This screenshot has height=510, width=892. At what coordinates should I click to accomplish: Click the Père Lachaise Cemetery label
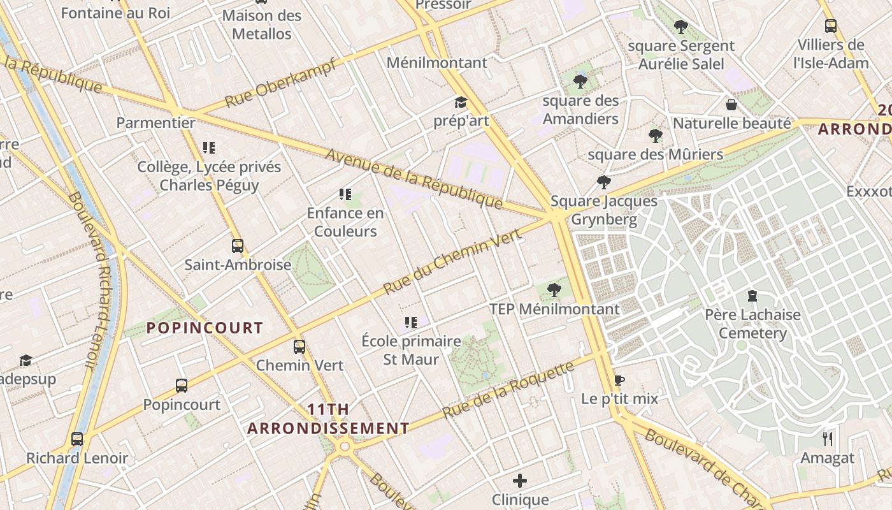(752, 324)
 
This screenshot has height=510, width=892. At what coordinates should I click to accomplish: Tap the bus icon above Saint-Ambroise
(238, 245)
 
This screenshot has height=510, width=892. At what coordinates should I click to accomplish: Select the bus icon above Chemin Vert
(299, 347)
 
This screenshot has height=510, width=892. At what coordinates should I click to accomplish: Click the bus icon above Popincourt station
(182, 386)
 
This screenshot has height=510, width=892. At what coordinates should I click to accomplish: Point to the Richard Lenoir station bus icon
(77, 439)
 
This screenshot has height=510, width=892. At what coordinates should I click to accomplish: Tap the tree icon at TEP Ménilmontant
(554, 290)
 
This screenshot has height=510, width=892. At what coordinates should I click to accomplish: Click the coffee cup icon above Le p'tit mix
(619, 381)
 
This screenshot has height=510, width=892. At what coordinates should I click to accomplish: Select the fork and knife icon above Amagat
(828, 439)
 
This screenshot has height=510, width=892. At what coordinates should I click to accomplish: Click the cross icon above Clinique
(520, 480)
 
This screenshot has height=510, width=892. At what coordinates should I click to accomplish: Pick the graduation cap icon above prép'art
(461, 102)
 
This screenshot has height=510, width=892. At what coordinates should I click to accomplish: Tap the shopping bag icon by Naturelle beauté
(731, 104)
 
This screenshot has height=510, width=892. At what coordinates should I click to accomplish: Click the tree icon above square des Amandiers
(580, 81)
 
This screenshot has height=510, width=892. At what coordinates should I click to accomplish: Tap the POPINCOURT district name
(205, 328)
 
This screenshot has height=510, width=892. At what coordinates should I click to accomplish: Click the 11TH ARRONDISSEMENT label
(328, 419)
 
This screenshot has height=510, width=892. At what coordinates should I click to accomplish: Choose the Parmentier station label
(155, 123)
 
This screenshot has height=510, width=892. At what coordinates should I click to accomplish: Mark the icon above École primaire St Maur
(411, 323)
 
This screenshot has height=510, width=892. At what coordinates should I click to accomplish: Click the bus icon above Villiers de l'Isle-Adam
(831, 26)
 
